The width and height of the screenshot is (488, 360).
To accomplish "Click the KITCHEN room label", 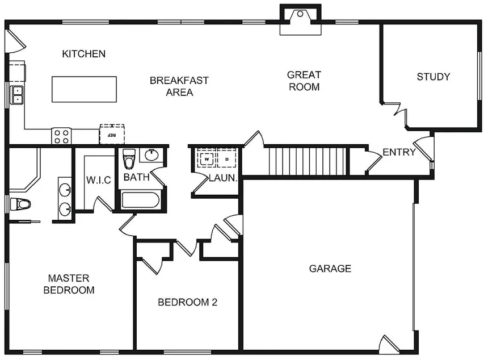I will (83, 54).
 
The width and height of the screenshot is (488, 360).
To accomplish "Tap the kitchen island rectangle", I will (85, 89).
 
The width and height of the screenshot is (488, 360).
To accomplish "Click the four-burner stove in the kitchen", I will (61, 136).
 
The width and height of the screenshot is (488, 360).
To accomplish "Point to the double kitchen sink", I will (17, 95).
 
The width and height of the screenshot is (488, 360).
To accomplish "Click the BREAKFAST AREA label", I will (179, 86).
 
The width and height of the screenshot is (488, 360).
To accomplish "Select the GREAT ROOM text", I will (304, 81).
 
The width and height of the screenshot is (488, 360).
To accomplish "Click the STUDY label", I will (433, 77).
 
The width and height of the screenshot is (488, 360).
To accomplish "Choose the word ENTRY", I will (399, 152).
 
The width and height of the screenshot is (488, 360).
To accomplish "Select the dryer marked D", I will (228, 159).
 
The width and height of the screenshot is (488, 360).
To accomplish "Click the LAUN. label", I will (222, 178).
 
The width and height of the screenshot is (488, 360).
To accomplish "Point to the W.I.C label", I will (98, 179).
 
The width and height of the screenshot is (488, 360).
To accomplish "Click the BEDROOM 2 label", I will (187, 302).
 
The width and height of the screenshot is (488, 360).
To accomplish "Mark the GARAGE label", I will (330, 269).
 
